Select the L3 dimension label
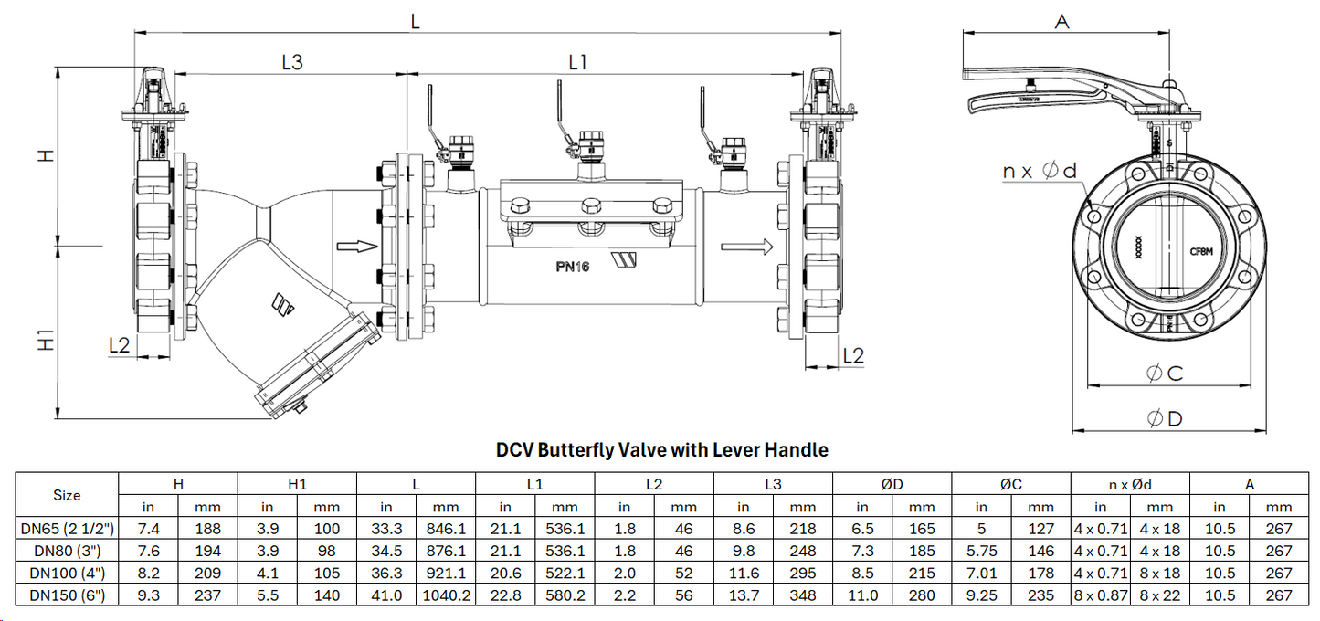(291, 62)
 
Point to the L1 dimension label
(577, 62)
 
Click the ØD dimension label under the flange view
(1165, 418)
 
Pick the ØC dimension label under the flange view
(1165, 374)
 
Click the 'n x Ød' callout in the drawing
(1040, 171)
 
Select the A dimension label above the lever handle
(1061, 22)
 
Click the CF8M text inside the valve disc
(1201, 248)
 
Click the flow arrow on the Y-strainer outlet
(356, 246)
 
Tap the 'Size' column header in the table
(67, 495)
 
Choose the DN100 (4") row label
(67, 573)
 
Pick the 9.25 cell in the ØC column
(981, 595)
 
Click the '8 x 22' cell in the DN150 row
(1159, 595)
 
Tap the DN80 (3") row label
(67, 551)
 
